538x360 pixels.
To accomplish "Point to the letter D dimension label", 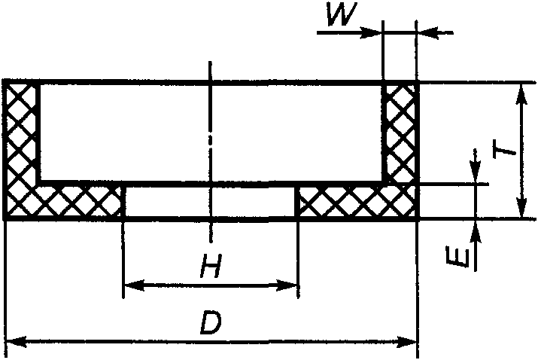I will (x=211, y=324).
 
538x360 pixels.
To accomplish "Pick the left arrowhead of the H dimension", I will (x=131, y=285).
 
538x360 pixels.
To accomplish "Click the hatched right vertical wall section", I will (x=400, y=132).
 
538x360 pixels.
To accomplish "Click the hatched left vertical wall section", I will (x=21, y=132).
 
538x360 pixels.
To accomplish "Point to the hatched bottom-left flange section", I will (x=75, y=200).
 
